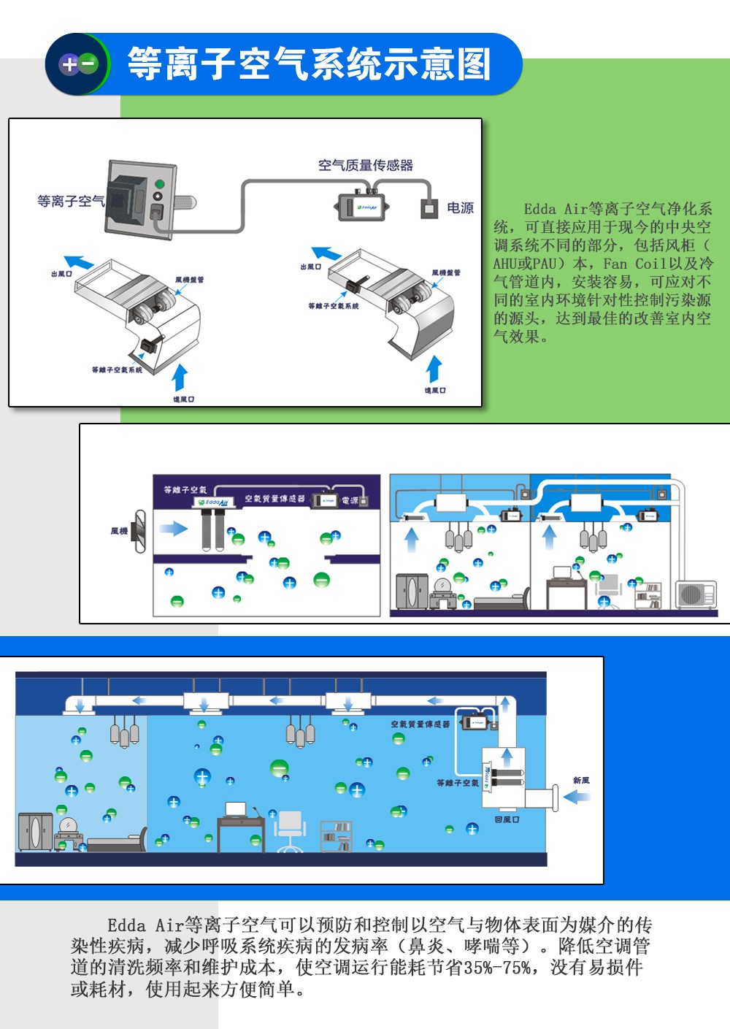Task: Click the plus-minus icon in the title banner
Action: pyautogui.click(x=78, y=64)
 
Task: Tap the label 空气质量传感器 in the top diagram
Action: pyautogui.click(x=366, y=166)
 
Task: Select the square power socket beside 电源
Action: pyautogui.click(x=429, y=209)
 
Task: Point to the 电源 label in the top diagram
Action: pyautogui.click(x=460, y=208)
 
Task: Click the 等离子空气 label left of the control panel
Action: pyautogui.click(x=71, y=201)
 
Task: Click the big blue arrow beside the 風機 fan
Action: pyautogui.click(x=174, y=528)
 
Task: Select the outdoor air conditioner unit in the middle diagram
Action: pyautogui.click(x=696, y=594)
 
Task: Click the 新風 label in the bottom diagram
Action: pyautogui.click(x=581, y=781)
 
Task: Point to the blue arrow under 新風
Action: pyautogui.click(x=577, y=797)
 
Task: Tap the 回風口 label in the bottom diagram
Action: pyautogui.click(x=507, y=819)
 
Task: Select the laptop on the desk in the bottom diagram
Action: pyautogui.click(x=236, y=809)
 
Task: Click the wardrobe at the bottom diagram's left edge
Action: pyautogui.click(x=34, y=832)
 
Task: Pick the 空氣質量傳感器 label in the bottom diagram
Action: pyautogui.click(x=420, y=724)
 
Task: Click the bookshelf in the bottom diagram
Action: pyautogui.click(x=337, y=836)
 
